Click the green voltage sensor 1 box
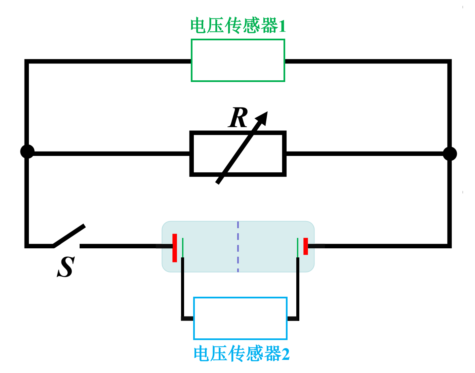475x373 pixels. tap(238, 60)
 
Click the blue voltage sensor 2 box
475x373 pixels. tap(240, 318)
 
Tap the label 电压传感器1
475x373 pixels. tap(238, 26)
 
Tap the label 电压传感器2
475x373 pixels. tap(241, 354)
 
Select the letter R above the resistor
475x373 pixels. tap(238, 118)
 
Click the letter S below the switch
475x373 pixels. tap(66, 267)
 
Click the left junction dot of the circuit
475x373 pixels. tap(27, 152)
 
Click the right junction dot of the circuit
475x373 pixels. tap(449, 154)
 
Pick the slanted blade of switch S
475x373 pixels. tap(69, 236)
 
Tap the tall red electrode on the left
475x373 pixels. tap(175, 248)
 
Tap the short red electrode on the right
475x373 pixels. tap(306, 246)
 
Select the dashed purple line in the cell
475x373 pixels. tap(238, 247)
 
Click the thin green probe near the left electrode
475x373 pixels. tap(183, 247)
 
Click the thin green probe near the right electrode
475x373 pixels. tap(298, 247)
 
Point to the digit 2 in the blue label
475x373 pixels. tap(285, 354)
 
